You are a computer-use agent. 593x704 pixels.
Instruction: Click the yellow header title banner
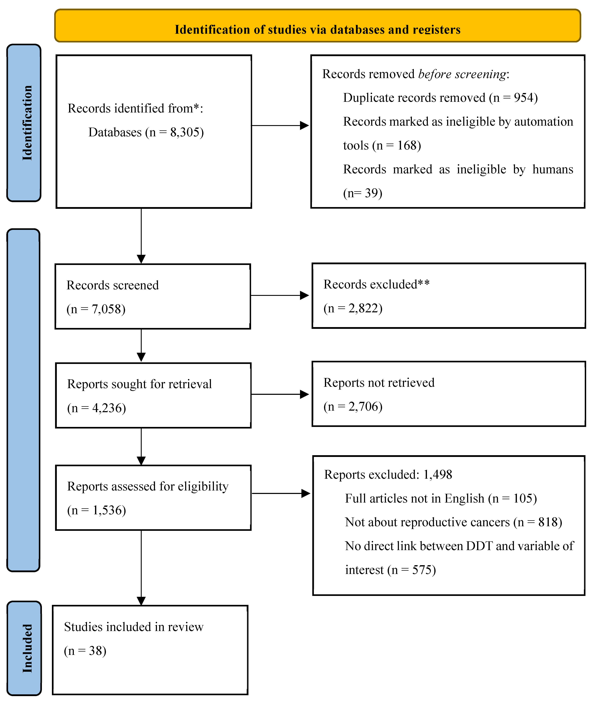[317, 26]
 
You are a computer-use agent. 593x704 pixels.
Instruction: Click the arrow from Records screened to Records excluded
[280, 295]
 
